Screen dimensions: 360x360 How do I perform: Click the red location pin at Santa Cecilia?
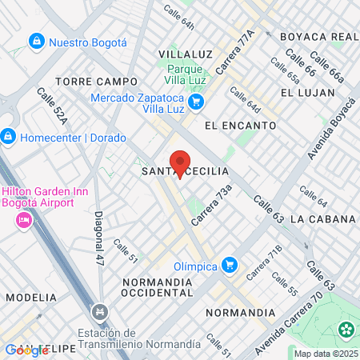180,160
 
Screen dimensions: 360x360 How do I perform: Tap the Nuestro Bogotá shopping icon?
36,41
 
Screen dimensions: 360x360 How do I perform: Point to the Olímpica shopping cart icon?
230,263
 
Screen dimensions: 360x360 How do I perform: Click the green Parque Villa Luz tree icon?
158,81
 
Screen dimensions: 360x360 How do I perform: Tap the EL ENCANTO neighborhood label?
240,126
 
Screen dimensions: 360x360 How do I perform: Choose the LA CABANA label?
322,219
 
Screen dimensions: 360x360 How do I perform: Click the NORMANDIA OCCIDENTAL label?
158,289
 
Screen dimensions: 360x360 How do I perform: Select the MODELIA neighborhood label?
31,298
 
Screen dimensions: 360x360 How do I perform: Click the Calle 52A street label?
50,107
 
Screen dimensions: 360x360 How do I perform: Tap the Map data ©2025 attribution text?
324,354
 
